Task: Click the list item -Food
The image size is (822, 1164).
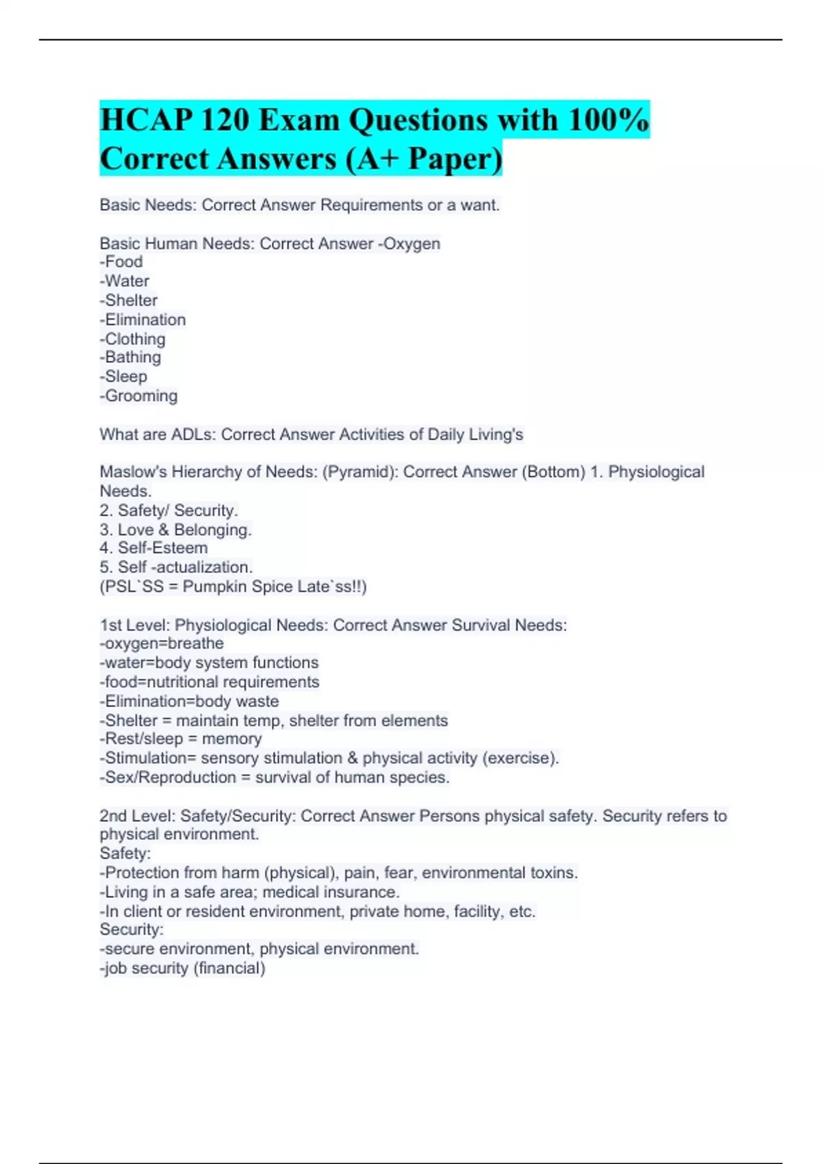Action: tap(121, 262)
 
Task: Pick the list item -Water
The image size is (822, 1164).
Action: tap(124, 281)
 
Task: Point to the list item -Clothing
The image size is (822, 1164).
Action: tap(132, 339)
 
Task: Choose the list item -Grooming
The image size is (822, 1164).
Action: tap(138, 396)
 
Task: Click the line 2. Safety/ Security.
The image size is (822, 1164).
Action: tap(169, 510)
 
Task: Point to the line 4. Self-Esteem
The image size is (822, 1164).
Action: tap(153, 548)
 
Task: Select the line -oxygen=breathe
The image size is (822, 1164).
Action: tap(162, 644)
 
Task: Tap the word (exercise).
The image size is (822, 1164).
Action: tap(521, 758)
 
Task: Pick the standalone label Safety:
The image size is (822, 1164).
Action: tap(125, 853)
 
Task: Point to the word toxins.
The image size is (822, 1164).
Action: tap(554, 872)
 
